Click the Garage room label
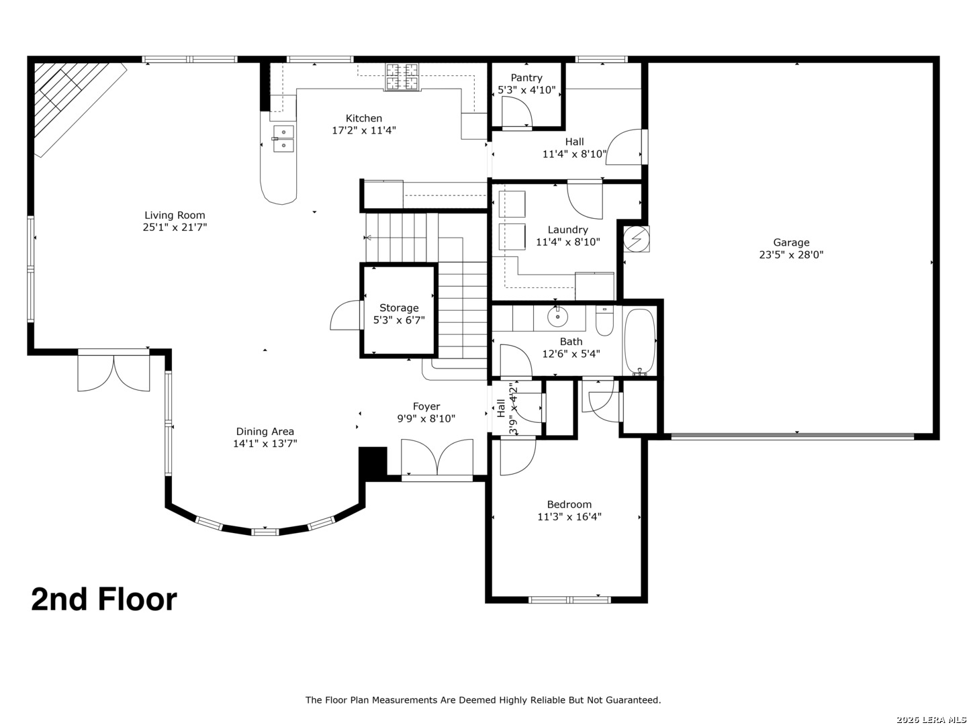791,242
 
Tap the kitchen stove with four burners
402,77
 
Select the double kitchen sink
283,138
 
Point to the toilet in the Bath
604,321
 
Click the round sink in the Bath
557,315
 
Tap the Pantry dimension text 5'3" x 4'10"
526,90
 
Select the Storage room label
399,308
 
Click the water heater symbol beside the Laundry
637,239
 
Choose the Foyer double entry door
436,459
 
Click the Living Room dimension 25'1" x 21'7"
175,228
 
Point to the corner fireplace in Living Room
71,101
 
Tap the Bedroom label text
569,505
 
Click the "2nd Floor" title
104,599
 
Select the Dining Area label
265,432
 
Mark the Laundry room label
567,230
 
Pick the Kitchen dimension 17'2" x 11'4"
364,130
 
